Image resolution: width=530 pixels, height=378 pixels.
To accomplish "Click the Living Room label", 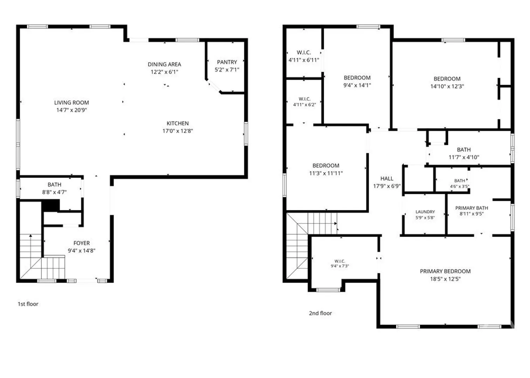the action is [71, 103].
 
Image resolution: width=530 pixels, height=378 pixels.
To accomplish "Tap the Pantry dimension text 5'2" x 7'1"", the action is [227, 70].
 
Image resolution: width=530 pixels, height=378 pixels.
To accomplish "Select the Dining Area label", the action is [164, 64].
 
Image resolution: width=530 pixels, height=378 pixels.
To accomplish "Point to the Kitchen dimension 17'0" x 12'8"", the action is [178, 131].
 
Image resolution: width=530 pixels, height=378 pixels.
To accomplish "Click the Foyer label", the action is [82, 243].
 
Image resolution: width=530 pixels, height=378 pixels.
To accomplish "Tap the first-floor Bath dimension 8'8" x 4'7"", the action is [54, 192].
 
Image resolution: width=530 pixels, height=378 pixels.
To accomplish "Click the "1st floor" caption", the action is [28, 304].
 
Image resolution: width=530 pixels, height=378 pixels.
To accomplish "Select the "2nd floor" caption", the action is [321, 313].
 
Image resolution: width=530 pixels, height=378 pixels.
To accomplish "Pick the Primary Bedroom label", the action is [445, 271].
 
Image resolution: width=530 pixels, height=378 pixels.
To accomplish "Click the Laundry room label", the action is [425, 212].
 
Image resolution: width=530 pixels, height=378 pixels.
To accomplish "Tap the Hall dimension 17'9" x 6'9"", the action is [387, 186].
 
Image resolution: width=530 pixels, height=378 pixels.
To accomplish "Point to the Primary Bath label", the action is [472, 208].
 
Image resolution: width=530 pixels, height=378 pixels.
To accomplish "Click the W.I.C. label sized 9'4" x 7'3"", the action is [340, 261].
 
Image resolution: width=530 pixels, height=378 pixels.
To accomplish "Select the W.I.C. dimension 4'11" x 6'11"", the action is [304, 60].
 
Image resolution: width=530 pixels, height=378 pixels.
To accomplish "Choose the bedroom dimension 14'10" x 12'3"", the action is [447, 86].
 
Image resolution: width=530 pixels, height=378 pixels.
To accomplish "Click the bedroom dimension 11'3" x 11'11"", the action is [326, 173].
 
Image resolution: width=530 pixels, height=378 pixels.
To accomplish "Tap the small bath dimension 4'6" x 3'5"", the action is [460, 187].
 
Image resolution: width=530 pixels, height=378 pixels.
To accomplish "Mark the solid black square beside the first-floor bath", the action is [51, 205].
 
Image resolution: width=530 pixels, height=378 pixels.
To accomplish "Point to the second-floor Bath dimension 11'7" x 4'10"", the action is [464, 157].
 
